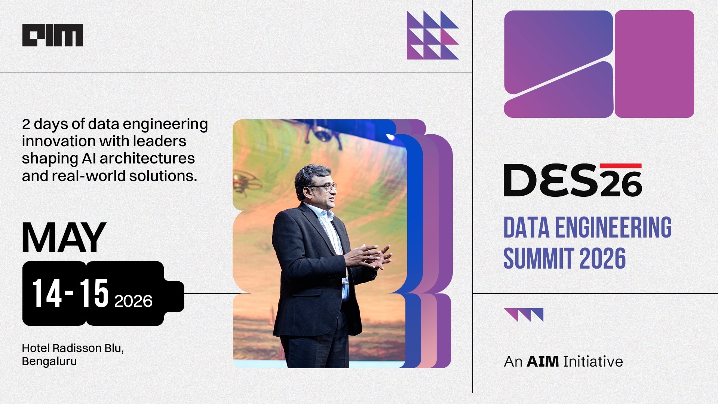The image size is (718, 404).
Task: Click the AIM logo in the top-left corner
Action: pos(53,35)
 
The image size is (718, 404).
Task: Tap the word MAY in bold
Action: pos(64,238)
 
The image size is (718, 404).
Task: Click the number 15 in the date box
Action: pos(94,293)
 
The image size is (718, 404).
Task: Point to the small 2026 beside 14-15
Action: pos(133,301)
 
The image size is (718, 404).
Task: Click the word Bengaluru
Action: pos(49,362)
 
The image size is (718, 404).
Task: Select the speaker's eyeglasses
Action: pos(324,187)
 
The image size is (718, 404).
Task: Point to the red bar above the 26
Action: pos(620,166)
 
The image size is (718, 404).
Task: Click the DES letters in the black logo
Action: pos(551,180)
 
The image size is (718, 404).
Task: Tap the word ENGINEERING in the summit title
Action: pos(613,227)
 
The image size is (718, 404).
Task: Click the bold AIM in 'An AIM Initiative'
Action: pos(543,362)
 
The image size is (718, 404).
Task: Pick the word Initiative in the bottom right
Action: pos(593,362)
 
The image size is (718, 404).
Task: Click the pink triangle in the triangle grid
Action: pos(450,37)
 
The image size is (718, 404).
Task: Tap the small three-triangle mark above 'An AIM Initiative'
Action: pos(524,315)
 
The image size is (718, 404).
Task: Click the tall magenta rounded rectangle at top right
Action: pos(654,64)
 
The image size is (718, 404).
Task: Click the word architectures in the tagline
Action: pos(147,159)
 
